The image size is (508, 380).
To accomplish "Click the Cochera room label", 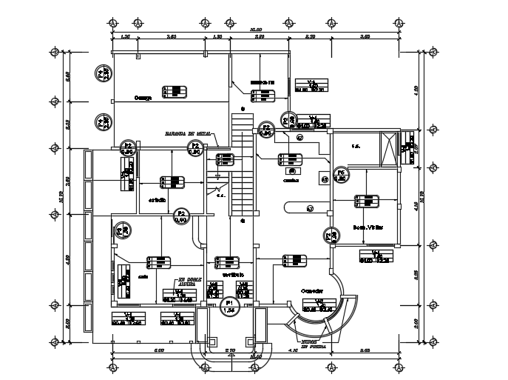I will point(143,97).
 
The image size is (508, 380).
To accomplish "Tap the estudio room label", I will point(156,200).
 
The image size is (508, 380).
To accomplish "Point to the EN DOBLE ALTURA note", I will point(187,283).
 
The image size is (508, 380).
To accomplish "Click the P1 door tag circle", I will point(230,307).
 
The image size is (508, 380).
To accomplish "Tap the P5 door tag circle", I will point(341,176).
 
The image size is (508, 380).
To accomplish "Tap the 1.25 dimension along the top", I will point(125,36).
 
